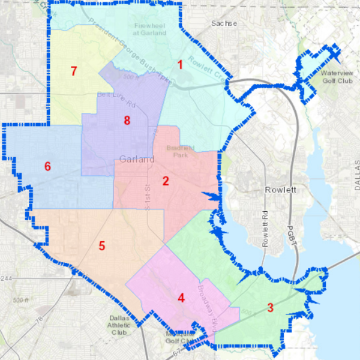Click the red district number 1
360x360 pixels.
coord(179,64)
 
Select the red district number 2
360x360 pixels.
coord(166,181)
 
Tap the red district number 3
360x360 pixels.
coord(270,308)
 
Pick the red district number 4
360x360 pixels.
coord(181,297)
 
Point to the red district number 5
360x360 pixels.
coord(102,245)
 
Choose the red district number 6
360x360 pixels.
coord(47,167)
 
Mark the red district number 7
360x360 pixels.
coord(74,71)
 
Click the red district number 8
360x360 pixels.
coord(127,121)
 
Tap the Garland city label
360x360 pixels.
coord(137,160)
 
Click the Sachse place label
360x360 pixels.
coord(224,23)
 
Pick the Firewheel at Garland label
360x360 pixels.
coord(147,29)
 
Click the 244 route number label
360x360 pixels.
coord(5,278)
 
